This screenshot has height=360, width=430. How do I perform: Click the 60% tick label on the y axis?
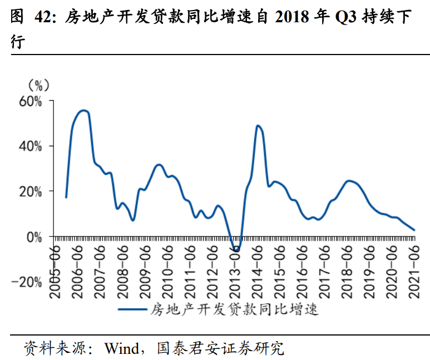(31, 101)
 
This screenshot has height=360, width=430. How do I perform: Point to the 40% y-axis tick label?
(31, 146)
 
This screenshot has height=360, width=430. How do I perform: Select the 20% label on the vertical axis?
(31, 191)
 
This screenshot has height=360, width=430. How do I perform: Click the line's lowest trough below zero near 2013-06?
(236, 251)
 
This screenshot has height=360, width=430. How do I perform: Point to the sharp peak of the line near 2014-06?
(258, 126)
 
